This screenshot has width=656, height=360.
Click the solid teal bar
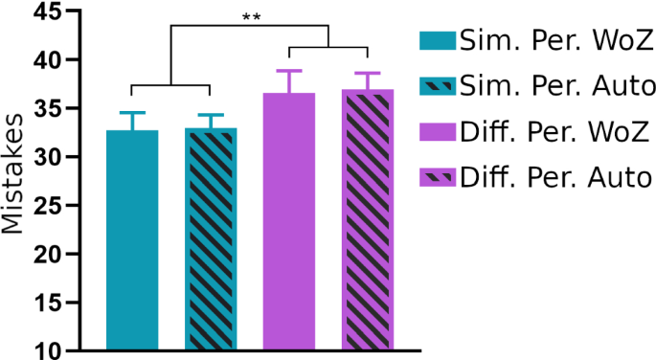[132, 239]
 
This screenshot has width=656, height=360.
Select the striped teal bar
[211, 239]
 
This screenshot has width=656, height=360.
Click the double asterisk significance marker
[253, 16]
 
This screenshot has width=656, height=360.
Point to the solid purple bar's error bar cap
[289, 71]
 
